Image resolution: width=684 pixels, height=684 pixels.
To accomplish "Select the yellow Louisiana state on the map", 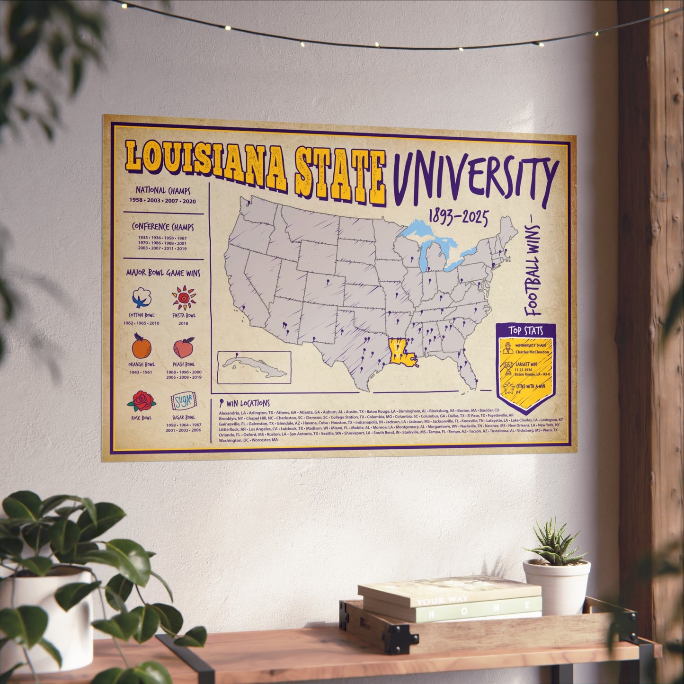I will coord(400,352).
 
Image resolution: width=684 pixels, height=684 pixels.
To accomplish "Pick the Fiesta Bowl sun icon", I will coord(184,298).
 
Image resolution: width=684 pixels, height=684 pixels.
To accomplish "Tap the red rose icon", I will coord(141,401).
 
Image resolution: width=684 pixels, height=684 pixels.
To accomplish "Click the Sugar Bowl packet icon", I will coord(183,402).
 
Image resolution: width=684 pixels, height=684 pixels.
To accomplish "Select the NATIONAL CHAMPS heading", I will coord(163,191).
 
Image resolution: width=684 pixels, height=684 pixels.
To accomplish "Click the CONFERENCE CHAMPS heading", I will coord(163,227).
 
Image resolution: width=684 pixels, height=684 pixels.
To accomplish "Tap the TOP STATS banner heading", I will coord(526,330).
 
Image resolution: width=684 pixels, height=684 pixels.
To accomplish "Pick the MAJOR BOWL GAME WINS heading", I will coord(163,273).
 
